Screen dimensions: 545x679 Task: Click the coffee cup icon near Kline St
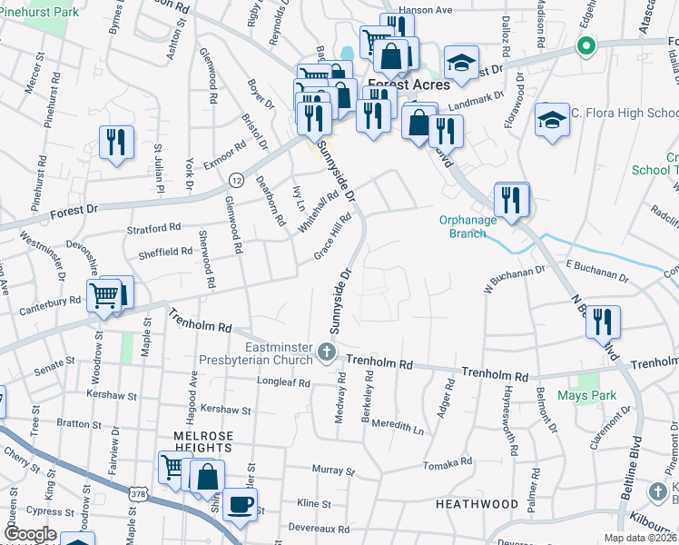pos(240,504)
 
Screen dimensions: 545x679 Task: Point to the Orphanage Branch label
pos(468,226)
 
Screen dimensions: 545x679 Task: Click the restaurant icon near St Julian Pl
pos(116,142)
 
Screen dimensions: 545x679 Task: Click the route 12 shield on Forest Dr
pos(234,178)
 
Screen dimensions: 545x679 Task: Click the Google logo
pos(31,533)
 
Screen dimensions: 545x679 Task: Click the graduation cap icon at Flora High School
pos(551,120)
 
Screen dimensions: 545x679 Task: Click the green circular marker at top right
pos(586,45)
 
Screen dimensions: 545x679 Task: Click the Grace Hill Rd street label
pos(332,235)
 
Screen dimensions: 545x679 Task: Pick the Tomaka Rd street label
pos(448,462)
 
